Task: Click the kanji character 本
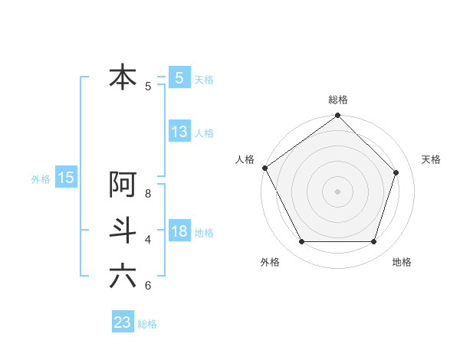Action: [123, 78]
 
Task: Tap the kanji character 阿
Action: [123, 185]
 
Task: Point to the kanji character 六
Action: [123, 276]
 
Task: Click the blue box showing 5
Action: [179, 77]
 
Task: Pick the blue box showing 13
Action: [179, 132]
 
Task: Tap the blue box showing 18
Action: [179, 231]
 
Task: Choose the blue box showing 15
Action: [66, 178]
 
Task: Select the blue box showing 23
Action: [123, 322]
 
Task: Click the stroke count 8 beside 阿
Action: [148, 193]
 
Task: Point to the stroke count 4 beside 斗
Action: [148, 240]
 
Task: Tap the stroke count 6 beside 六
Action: [148, 286]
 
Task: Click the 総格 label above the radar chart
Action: [338, 100]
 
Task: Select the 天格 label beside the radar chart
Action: [432, 159]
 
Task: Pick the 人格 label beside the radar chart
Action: [245, 159]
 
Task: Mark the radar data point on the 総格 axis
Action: [338, 116]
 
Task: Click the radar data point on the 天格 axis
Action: [396, 172]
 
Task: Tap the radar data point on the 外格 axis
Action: [301, 242]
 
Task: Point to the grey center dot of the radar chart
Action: [338, 191]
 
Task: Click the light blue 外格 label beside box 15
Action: [40, 179]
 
